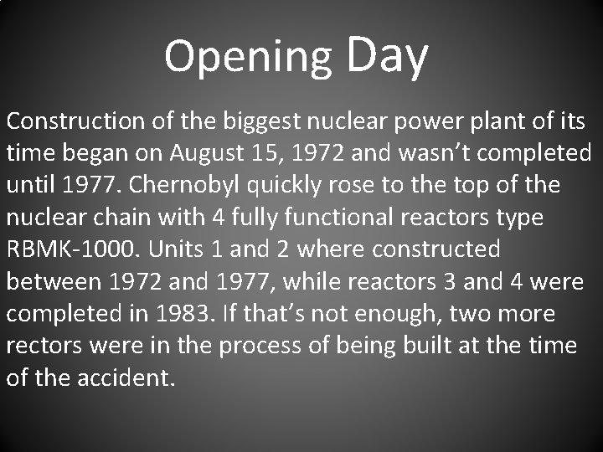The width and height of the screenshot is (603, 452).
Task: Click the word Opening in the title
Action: tap(248, 57)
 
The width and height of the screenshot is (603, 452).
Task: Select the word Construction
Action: tap(76, 121)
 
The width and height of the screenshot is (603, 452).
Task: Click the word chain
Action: tap(120, 217)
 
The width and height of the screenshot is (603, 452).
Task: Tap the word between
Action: tap(52, 280)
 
